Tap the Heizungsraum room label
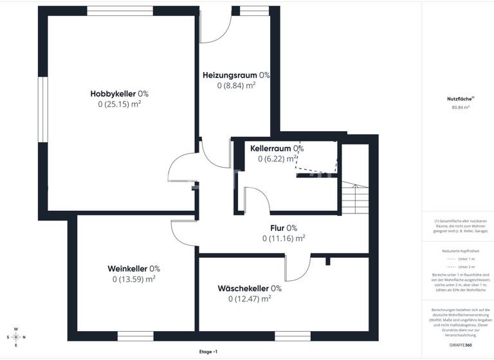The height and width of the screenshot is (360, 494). pyautogui.click(x=236, y=75)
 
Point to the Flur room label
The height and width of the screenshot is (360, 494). pyautogui.click(x=283, y=228)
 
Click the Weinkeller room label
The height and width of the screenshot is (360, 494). pyautogui.click(x=134, y=269)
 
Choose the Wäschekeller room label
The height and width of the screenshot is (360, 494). pyautogui.click(x=250, y=288)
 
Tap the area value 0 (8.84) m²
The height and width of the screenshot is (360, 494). pyautogui.click(x=236, y=85)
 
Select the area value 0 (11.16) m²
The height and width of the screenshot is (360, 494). pyautogui.click(x=283, y=238)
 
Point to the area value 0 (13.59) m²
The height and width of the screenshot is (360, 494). pyautogui.click(x=134, y=279)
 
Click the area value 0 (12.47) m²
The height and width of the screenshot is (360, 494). pyautogui.click(x=250, y=298)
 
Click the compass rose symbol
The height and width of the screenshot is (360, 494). pyautogui.click(x=17, y=337)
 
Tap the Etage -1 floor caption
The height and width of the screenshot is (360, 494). pyautogui.click(x=208, y=352)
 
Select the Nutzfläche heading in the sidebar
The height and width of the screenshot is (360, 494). pyautogui.click(x=460, y=99)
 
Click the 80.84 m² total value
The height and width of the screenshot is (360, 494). pyautogui.click(x=460, y=107)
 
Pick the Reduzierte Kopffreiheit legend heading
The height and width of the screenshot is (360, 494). pyautogui.click(x=460, y=251)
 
